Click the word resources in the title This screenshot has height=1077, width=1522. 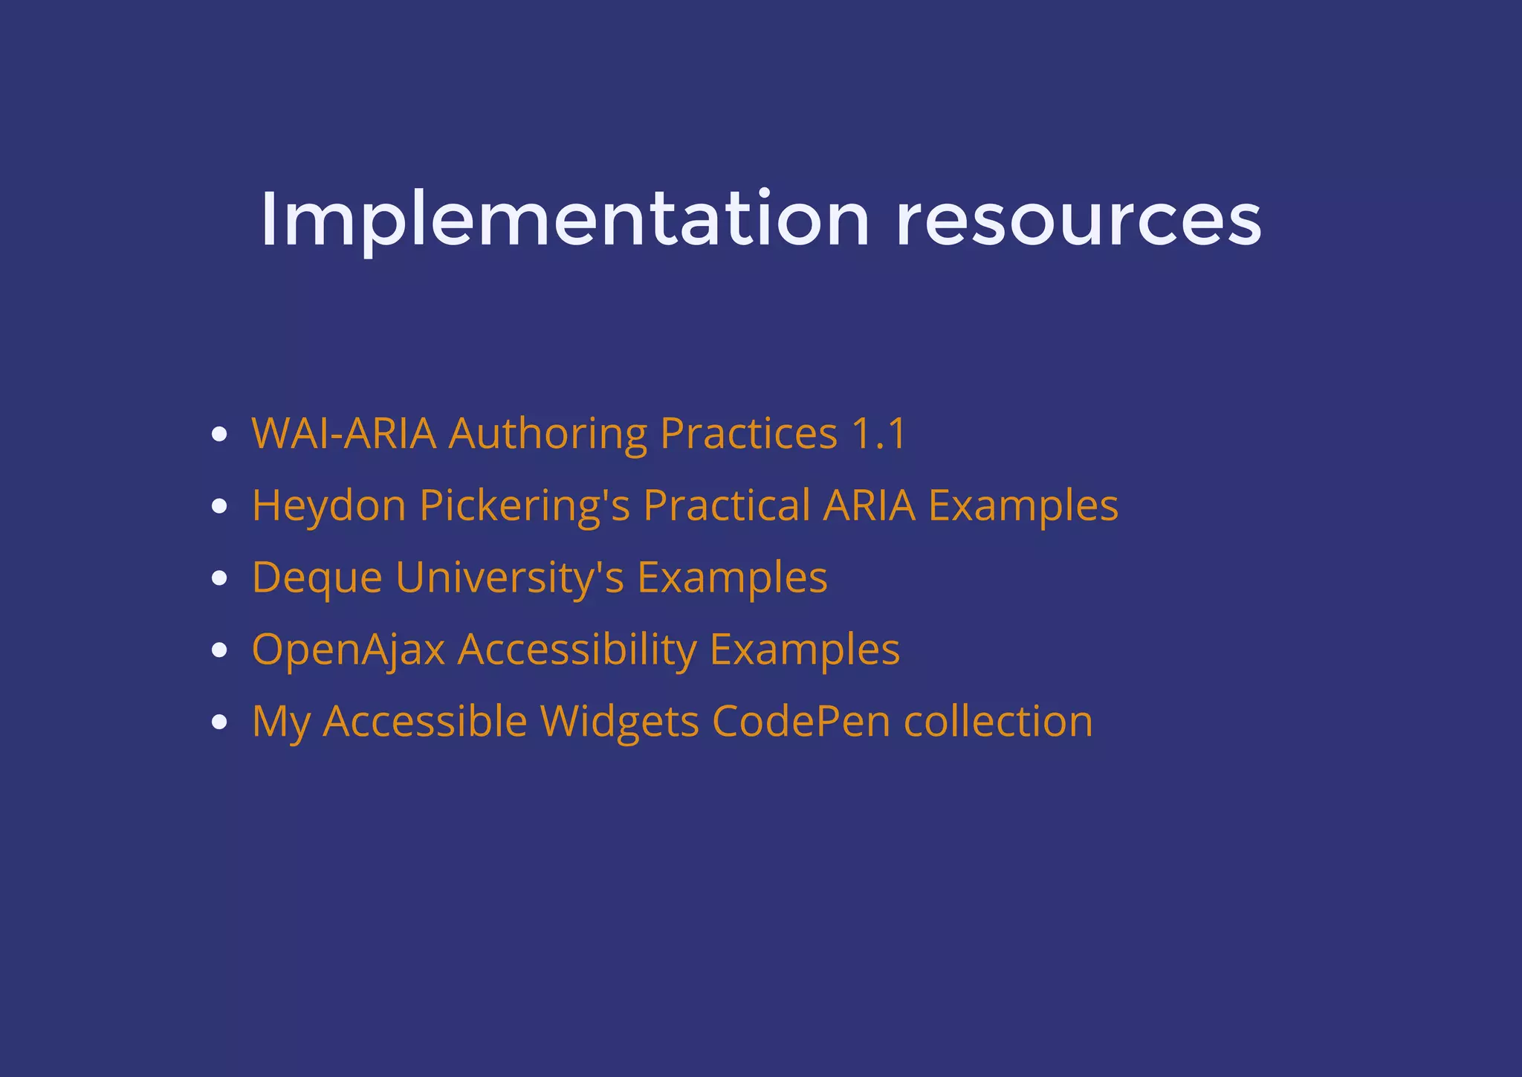tap(1078, 221)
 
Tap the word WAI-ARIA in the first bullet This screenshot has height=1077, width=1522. tap(344, 433)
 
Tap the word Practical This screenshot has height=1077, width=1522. tap(726, 505)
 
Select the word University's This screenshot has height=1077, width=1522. tap(510, 578)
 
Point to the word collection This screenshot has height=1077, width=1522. tap(998, 721)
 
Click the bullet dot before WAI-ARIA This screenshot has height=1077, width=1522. tap(218, 435)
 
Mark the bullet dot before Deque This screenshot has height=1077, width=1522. tap(218, 578)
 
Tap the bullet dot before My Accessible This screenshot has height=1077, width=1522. tap(218, 722)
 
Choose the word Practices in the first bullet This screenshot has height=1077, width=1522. tap(748, 433)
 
